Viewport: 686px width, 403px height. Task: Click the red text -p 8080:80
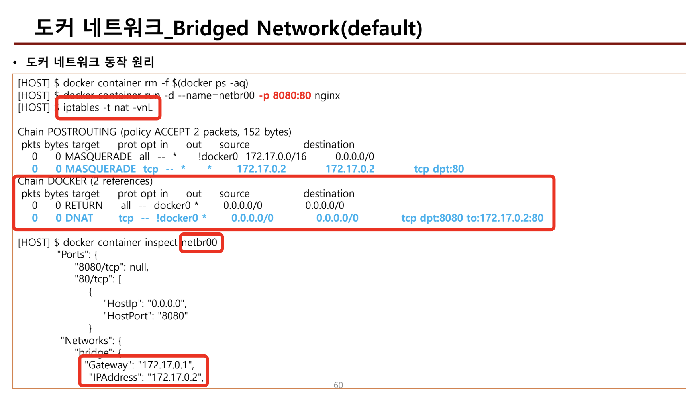285,96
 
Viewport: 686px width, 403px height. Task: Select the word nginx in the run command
327,96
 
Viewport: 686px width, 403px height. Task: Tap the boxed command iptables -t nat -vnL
108,108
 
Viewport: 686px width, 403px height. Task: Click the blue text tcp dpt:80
439,169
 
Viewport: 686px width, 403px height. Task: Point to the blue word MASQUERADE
100,169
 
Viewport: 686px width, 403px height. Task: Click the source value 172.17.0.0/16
276,157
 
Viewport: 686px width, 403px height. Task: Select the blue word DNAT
79,218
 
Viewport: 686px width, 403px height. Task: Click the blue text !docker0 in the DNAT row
177,218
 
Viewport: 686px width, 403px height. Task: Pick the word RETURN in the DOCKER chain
84,206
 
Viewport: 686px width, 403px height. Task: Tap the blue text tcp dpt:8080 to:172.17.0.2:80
472,218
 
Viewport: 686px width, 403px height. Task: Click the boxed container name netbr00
200,243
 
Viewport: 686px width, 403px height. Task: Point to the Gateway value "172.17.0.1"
165,365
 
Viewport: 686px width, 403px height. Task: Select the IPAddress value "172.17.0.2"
175,377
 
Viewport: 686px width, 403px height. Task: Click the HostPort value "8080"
172,316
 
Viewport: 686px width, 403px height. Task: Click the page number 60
338,385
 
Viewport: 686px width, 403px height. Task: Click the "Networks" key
86,341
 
